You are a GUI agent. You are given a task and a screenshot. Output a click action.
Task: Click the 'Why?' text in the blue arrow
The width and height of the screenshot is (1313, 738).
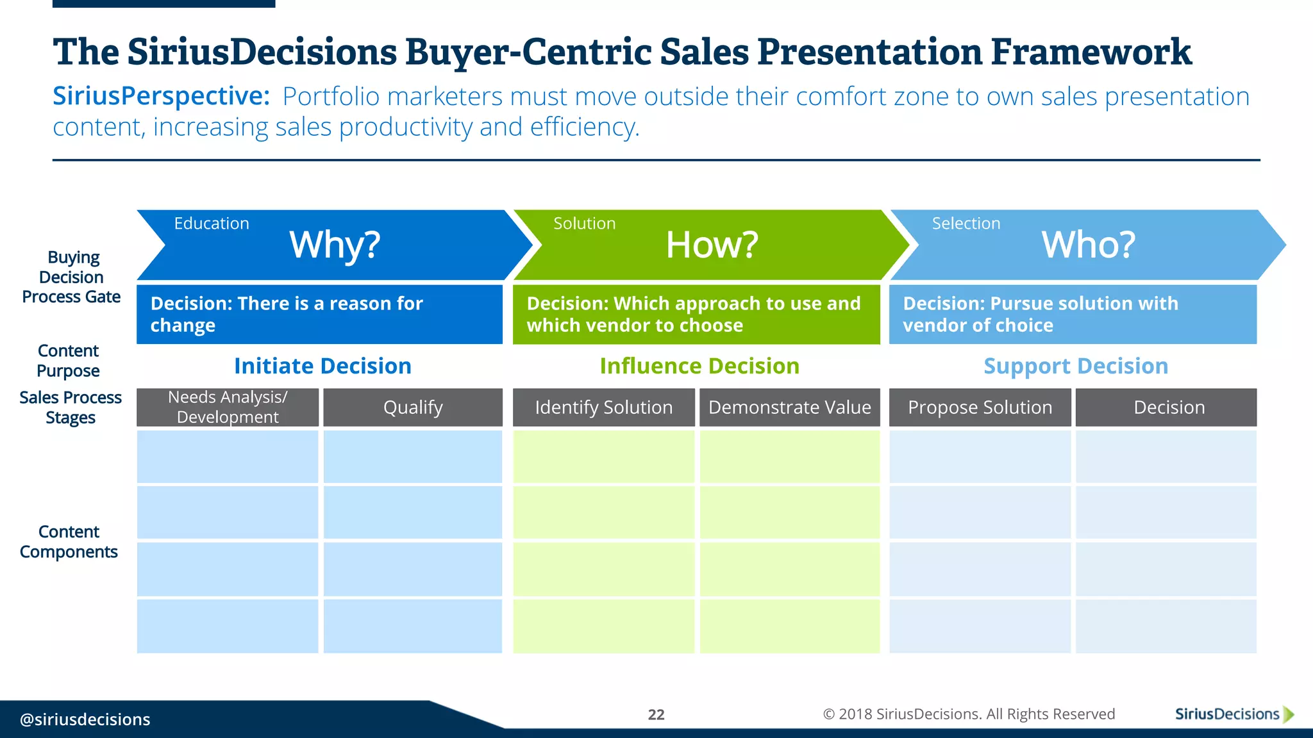click(x=335, y=245)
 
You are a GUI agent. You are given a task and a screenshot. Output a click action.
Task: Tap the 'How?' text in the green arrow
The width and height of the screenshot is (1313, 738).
click(x=712, y=245)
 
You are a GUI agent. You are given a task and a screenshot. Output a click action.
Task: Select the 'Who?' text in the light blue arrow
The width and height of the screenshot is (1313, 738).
click(x=1088, y=245)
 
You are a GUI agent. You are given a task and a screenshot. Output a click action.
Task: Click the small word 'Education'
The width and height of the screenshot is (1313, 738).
click(x=212, y=224)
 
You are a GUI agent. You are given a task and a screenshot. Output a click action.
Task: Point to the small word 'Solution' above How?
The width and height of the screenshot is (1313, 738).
click(x=584, y=224)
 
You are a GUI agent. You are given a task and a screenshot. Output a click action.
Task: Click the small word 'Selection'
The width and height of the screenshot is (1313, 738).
click(x=966, y=224)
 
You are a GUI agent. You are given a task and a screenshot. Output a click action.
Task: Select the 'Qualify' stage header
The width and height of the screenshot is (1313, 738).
click(x=413, y=407)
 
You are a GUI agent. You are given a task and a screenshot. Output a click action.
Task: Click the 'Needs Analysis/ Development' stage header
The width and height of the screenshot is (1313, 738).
click(x=228, y=407)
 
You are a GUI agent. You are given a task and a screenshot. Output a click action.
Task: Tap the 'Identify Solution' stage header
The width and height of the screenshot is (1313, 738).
click(x=603, y=407)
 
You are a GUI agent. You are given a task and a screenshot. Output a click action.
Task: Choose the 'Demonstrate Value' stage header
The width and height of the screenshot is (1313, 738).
click(x=789, y=407)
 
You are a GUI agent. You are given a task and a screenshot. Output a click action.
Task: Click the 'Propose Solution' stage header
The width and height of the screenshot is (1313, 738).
click(x=980, y=407)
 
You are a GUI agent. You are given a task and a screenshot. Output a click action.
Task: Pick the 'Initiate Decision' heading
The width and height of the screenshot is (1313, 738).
click(x=322, y=366)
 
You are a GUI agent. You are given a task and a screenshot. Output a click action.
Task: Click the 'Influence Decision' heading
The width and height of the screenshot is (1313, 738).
click(x=699, y=366)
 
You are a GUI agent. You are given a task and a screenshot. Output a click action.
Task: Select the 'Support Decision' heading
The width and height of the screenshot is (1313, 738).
click(x=1076, y=366)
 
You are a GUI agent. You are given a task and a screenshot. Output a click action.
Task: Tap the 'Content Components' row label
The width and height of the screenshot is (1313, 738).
click(x=69, y=542)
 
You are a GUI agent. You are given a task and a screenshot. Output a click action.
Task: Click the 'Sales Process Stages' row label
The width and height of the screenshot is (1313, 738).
click(x=71, y=407)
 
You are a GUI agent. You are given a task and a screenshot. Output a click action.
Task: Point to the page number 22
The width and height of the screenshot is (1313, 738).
click(x=656, y=714)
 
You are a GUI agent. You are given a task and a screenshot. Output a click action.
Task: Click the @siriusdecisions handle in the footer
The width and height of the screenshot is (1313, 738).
click(x=85, y=719)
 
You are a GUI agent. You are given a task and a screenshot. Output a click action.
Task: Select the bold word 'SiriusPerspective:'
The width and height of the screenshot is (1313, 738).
click(x=161, y=97)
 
